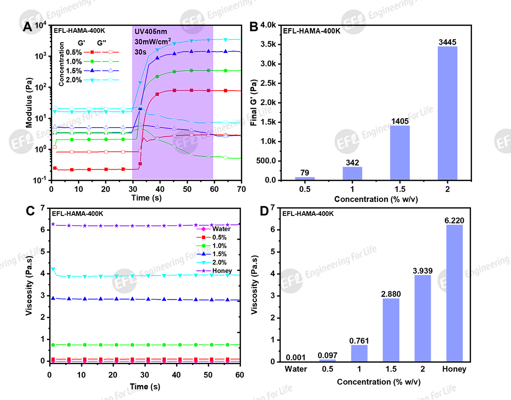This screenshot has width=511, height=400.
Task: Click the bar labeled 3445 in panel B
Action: point(447,113)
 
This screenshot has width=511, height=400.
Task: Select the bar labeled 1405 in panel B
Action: point(400,153)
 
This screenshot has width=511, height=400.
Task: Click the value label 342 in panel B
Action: point(352,162)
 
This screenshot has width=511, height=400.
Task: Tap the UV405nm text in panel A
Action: point(151,32)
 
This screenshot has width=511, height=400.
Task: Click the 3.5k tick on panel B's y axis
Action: point(269,45)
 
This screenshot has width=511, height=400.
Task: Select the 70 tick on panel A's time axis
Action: point(241,188)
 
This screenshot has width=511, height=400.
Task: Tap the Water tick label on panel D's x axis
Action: point(295,369)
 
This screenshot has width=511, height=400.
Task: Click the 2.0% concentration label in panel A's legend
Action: point(75,80)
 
